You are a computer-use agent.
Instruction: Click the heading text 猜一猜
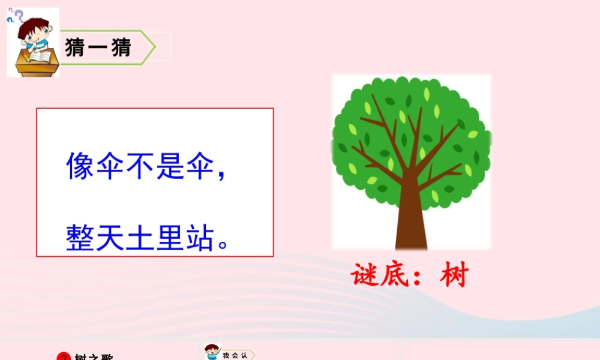tap(98, 47)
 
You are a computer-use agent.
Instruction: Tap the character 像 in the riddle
tap(80, 166)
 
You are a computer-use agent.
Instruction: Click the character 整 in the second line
tap(80, 236)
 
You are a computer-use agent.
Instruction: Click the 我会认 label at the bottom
tap(235, 355)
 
